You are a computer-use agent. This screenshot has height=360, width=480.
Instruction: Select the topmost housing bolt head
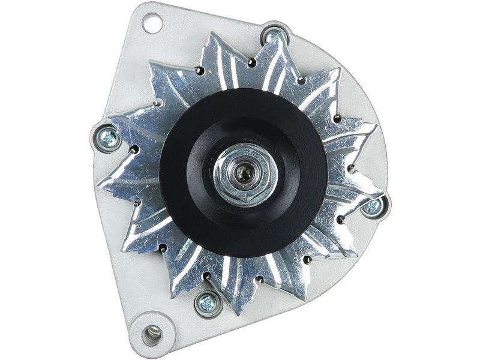point(275,37)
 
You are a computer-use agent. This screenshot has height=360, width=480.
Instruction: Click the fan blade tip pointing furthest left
point(98,184)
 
